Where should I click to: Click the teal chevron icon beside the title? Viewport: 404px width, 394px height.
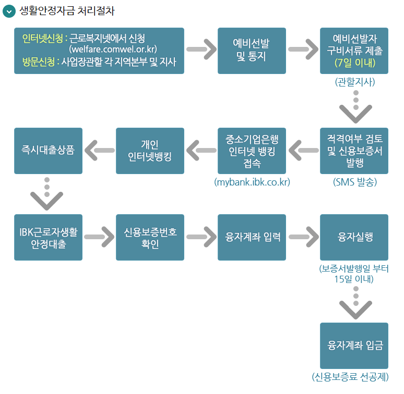[9, 11]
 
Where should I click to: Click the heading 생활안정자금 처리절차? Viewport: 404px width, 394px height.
[66, 11]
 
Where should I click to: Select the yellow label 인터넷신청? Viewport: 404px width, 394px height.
[42, 38]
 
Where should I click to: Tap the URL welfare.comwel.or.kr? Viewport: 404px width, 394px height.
[113, 50]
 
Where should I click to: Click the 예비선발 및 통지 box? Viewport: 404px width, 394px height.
[252, 51]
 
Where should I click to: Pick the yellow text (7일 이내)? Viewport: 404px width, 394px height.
[354, 63]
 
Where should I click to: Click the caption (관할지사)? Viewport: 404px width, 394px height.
[355, 82]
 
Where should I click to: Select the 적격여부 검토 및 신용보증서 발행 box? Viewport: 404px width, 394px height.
[354, 151]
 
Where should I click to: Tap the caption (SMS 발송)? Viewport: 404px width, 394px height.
[354, 182]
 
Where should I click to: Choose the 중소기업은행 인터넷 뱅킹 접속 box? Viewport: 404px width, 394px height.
[252, 151]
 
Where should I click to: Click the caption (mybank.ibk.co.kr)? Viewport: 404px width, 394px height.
[252, 182]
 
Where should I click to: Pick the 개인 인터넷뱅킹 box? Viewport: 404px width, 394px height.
[150, 151]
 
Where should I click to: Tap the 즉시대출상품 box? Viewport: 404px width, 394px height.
[48, 151]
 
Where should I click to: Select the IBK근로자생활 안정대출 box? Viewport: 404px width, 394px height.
[48, 237]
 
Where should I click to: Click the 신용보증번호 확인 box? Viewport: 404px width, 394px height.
[150, 237]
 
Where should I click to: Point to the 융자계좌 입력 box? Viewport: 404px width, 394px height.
[252, 237]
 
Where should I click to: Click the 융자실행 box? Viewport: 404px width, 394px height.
[354, 237]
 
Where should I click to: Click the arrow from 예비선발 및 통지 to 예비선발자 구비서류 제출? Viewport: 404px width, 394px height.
[303, 50]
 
